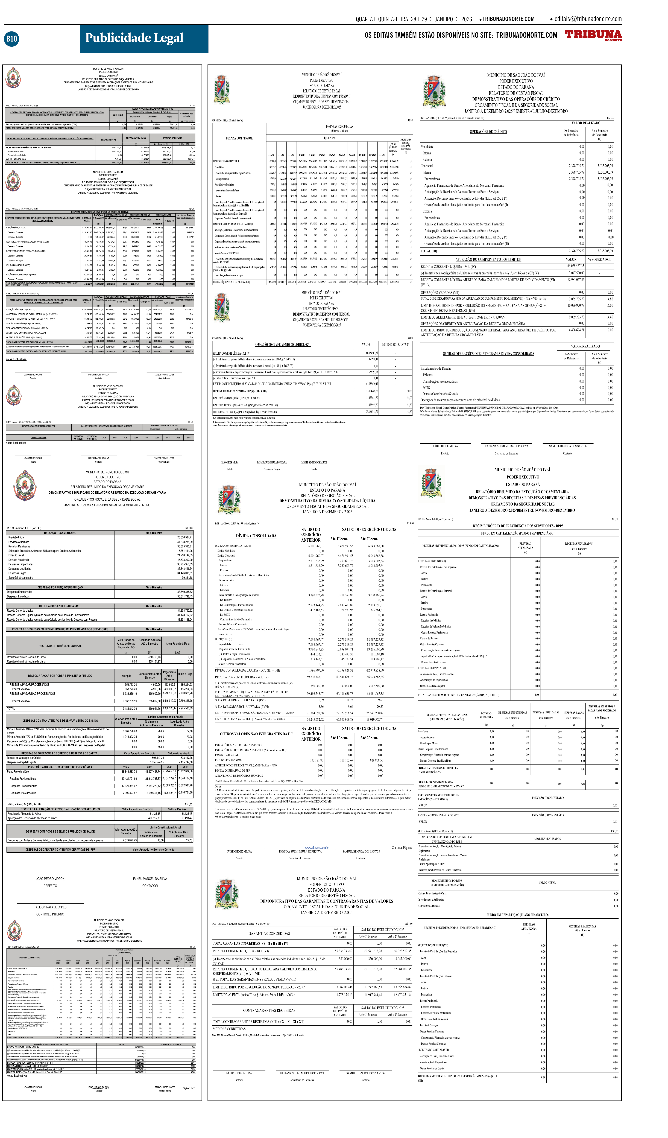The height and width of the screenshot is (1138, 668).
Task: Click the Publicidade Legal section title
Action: (x=134, y=38)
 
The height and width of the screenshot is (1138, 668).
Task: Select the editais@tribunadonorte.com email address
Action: (x=588, y=19)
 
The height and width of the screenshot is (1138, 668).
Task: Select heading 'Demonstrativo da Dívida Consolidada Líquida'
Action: (x=327, y=501)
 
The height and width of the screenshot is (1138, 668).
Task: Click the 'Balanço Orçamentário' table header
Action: (x=60, y=533)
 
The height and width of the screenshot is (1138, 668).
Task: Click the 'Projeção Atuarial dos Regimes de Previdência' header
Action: (x=60, y=767)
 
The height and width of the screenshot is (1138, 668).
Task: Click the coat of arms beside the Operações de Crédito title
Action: (x=434, y=92)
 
